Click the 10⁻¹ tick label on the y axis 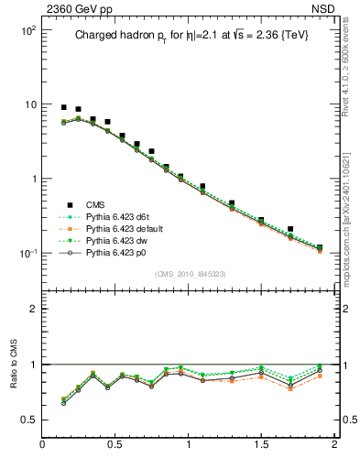[27, 253]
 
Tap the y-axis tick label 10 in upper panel [29, 104]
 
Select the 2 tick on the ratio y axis [32, 309]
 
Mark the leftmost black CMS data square [64, 107]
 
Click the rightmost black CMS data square [320, 247]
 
